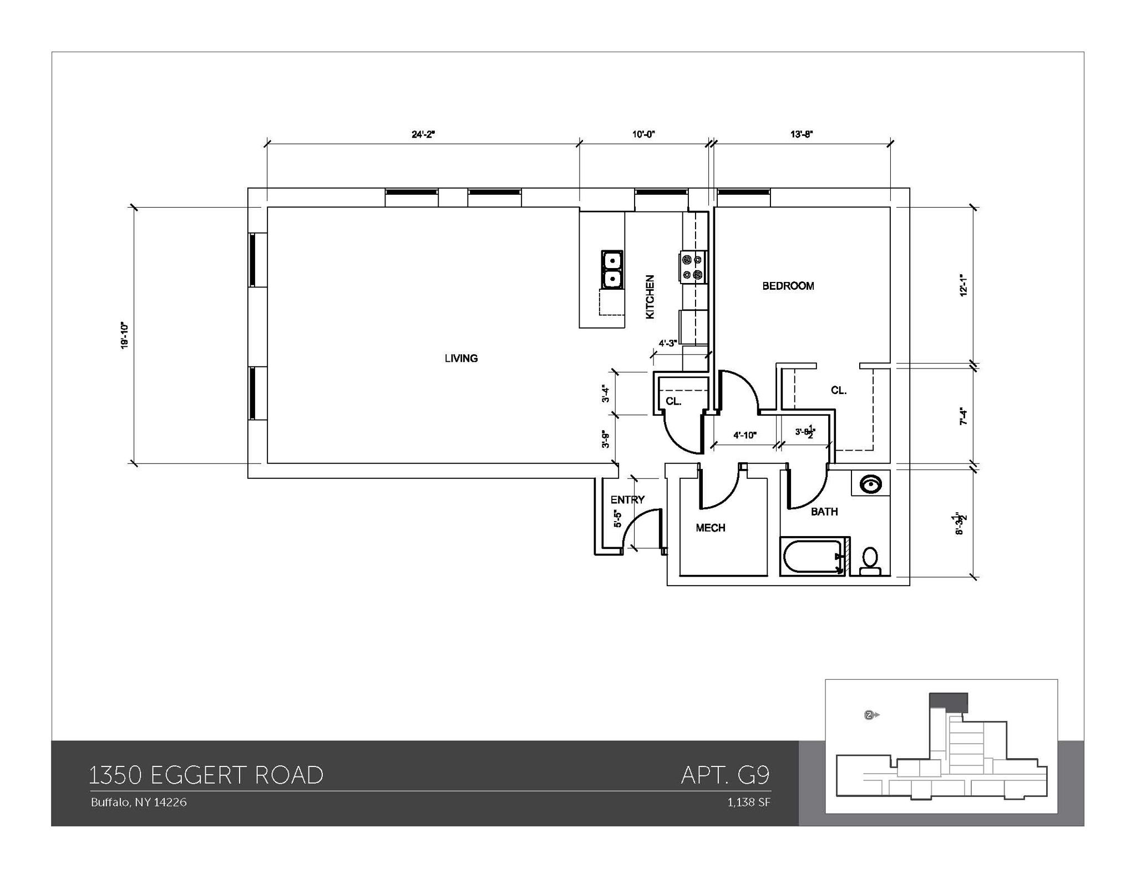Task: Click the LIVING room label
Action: [461, 358]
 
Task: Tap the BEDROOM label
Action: [788, 286]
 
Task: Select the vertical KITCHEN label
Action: [650, 297]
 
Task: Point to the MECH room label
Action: [711, 528]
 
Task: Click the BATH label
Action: [824, 512]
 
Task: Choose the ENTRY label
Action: [627, 499]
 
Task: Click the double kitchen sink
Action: [612, 269]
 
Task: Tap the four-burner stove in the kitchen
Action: [693, 267]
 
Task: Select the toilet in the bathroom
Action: [870, 561]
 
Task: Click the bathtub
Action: [812, 557]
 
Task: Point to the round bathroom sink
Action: [871, 484]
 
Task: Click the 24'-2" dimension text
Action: [423, 134]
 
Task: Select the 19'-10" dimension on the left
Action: [125, 335]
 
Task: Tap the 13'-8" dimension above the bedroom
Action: [802, 134]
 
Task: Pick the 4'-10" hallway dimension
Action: [744, 435]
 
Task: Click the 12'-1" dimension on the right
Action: [964, 286]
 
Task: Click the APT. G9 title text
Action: [726, 775]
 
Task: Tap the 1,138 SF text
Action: [749, 803]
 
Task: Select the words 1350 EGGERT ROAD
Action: [206, 775]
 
